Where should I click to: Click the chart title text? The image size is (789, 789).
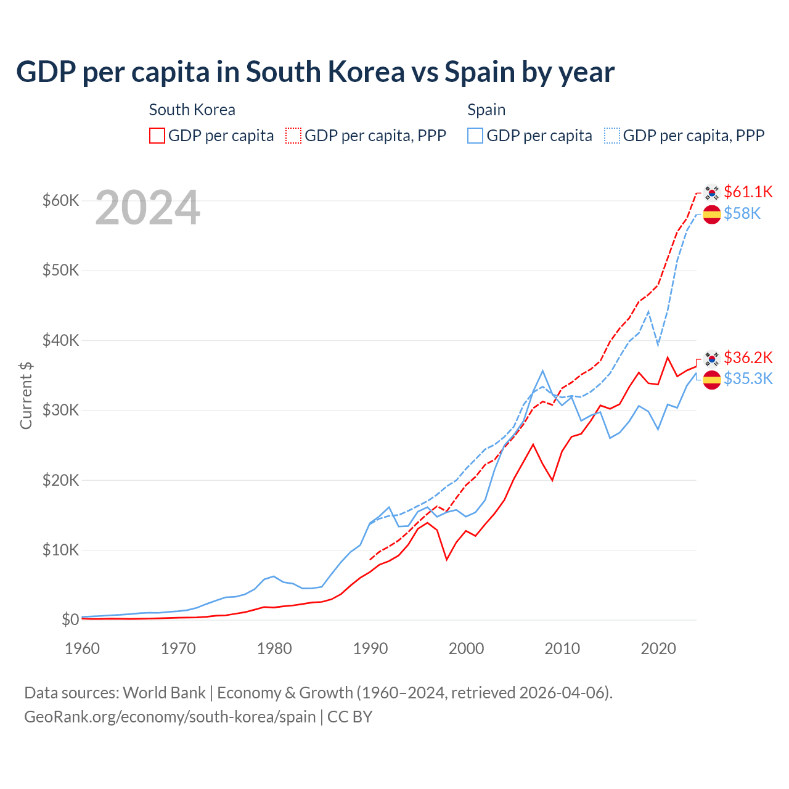point(315,72)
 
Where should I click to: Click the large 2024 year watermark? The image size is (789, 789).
point(147,208)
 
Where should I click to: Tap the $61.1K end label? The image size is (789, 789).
point(748,192)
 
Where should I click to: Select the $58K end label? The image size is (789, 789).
point(742,213)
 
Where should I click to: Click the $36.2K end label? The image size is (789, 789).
point(748,358)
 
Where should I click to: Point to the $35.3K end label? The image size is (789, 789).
point(748,378)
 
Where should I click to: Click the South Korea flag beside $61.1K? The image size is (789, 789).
point(712,193)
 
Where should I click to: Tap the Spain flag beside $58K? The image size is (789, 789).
point(712,215)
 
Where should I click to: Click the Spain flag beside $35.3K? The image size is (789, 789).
point(712,380)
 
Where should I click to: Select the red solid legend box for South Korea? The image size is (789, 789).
point(157,136)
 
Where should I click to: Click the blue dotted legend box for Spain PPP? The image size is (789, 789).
point(612,136)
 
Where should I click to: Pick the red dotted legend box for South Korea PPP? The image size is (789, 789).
point(293,136)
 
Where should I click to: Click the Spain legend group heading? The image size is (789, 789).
point(486,110)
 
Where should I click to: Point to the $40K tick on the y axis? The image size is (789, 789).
point(60,340)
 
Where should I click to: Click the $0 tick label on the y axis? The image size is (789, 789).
point(70,619)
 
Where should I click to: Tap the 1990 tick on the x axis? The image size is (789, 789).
point(370,648)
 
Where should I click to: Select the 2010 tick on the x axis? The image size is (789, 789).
point(562,648)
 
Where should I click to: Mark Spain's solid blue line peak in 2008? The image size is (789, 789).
point(542,371)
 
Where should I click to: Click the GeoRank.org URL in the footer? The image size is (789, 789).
point(170,717)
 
